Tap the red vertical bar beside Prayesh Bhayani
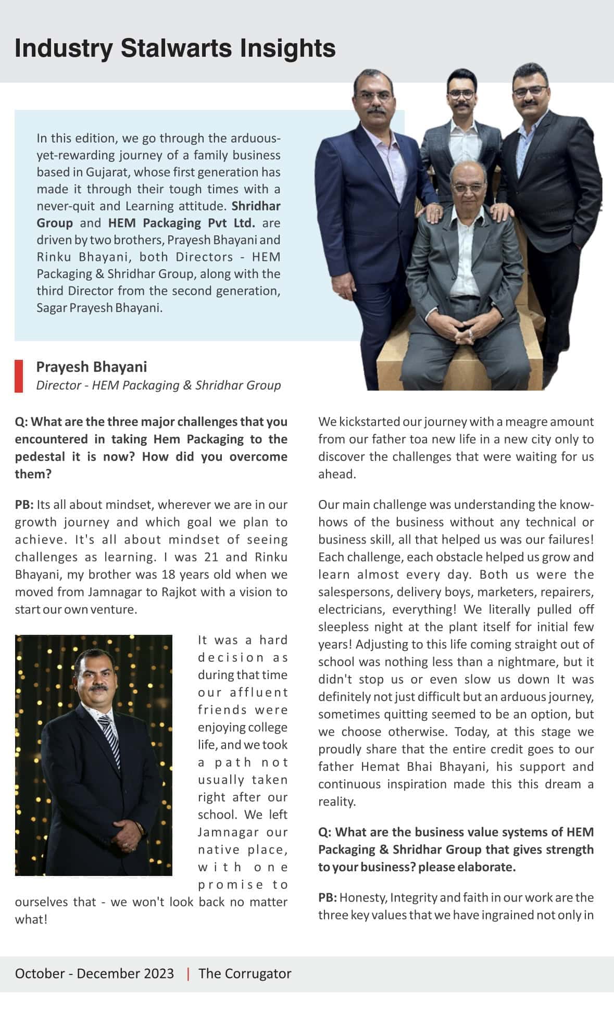click(19, 375)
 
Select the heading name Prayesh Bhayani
click(92, 367)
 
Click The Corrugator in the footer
click(245, 973)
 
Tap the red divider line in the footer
click(188, 973)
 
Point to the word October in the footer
click(39, 973)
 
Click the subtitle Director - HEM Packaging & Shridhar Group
click(158, 385)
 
